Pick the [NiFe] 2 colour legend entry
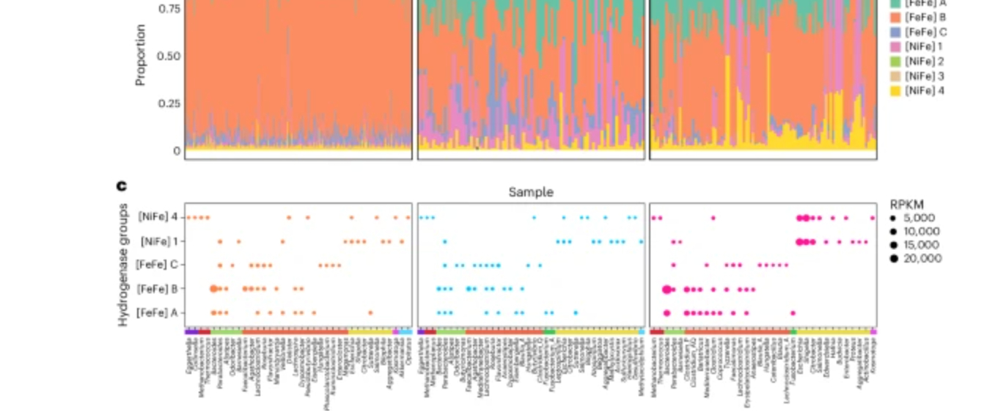tap(917, 62)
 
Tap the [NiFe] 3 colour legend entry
tap(917, 76)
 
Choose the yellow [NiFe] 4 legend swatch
tap(895, 91)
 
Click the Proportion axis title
tap(141, 56)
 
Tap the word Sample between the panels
tap(531, 192)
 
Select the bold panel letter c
tap(122, 186)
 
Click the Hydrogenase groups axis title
tap(123, 265)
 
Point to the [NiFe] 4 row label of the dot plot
tap(158, 217)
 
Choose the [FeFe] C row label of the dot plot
tap(158, 265)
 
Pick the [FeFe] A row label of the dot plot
tap(158, 313)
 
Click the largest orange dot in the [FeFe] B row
tap(213, 289)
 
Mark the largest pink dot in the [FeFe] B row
tap(667, 290)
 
